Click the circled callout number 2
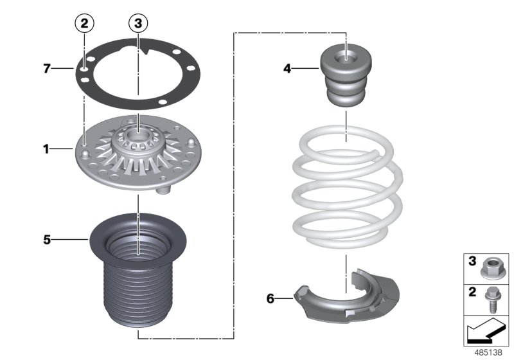[85, 24]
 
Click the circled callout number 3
[138, 24]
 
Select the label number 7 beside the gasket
[47, 68]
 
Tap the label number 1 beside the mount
[46, 149]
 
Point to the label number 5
[46, 240]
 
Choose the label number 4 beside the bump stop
[288, 67]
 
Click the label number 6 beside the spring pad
[270, 298]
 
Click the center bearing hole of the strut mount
[138, 137]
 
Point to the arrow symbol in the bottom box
[486, 332]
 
